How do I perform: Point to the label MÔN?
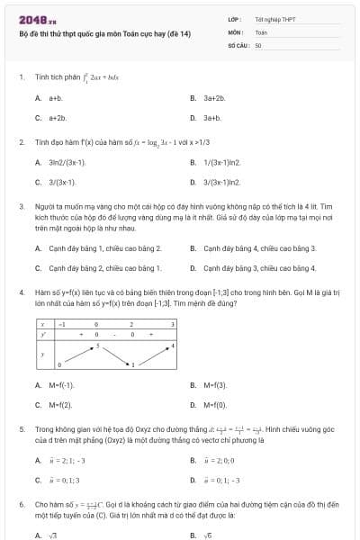(x=236, y=31)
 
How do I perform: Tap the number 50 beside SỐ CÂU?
(x=258, y=44)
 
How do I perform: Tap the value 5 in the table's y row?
(x=97, y=344)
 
